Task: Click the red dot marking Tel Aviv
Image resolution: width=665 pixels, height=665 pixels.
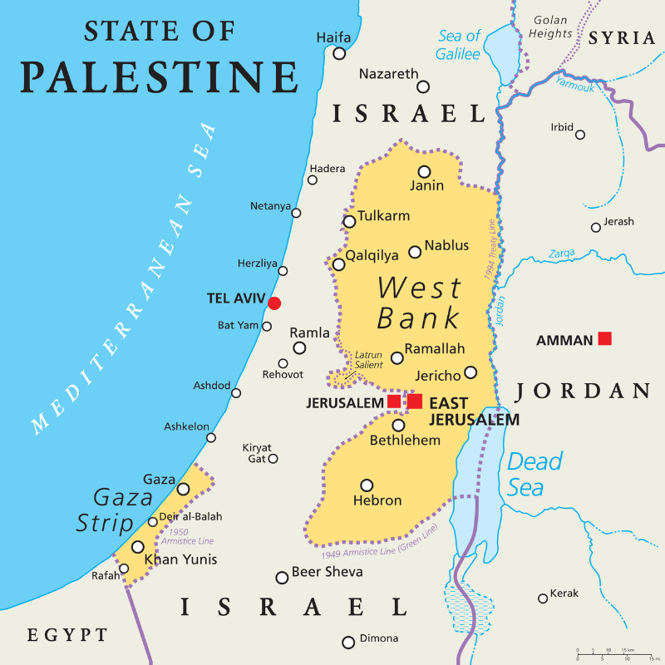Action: [x=274, y=303]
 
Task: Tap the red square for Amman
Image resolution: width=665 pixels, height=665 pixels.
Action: [x=605, y=338]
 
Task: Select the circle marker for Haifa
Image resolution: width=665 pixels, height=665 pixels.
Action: [x=339, y=53]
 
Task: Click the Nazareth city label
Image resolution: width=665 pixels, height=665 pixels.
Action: [x=388, y=75]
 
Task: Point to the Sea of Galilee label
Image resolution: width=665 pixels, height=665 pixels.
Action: [x=459, y=45]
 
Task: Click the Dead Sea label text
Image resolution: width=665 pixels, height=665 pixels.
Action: [x=534, y=474]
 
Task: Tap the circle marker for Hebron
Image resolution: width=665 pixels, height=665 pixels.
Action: [x=367, y=485]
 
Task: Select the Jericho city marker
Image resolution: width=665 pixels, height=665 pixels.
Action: [x=470, y=372]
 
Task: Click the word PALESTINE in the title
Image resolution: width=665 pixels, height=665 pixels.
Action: [x=159, y=76]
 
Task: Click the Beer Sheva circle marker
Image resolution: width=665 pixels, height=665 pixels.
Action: [x=282, y=578]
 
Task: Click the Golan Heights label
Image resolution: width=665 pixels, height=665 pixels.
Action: [x=552, y=27]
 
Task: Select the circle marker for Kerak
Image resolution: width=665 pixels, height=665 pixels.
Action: [x=543, y=598]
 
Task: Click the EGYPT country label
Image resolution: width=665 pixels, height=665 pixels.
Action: [x=67, y=636]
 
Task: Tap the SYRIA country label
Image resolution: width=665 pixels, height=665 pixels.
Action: [x=621, y=38]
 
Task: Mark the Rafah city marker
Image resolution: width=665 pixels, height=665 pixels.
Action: [x=124, y=569]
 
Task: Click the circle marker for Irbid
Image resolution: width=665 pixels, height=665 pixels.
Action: [x=580, y=135]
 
